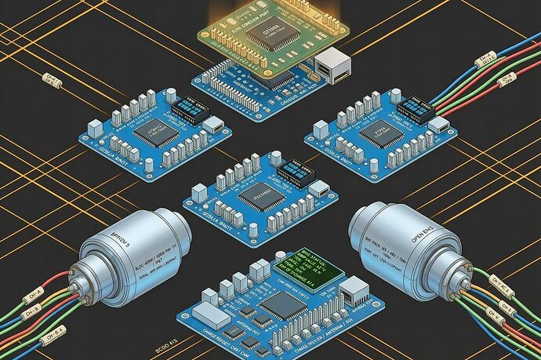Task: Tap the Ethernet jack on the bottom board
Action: (x=353, y=295)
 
